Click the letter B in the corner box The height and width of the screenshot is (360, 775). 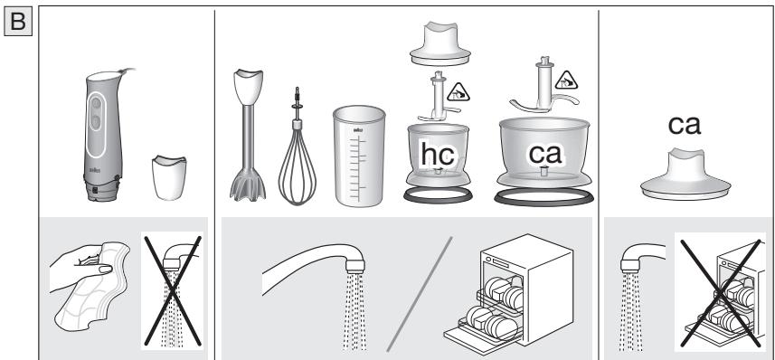tap(18, 22)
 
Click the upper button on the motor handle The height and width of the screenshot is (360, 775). tap(97, 104)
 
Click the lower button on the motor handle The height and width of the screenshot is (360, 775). tap(96, 121)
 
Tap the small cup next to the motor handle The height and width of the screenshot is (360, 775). tap(169, 177)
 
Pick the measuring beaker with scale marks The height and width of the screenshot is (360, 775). tap(359, 156)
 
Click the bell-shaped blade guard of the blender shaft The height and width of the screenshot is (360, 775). tap(248, 185)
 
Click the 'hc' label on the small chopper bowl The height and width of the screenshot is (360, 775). tap(438, 155)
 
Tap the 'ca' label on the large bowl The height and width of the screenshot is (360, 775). tap(545, 154)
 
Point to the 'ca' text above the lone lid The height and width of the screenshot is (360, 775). tap(684, 125)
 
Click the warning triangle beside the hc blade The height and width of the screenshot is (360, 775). tap(458, 92)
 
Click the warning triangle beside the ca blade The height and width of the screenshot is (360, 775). tap(566, 81)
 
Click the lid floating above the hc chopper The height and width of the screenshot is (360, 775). tap(439, 43)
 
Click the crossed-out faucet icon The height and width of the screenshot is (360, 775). tap(172, 291)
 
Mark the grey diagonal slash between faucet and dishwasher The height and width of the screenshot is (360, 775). tap(419, 294)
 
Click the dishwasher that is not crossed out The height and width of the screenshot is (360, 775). tap(509, 294)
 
